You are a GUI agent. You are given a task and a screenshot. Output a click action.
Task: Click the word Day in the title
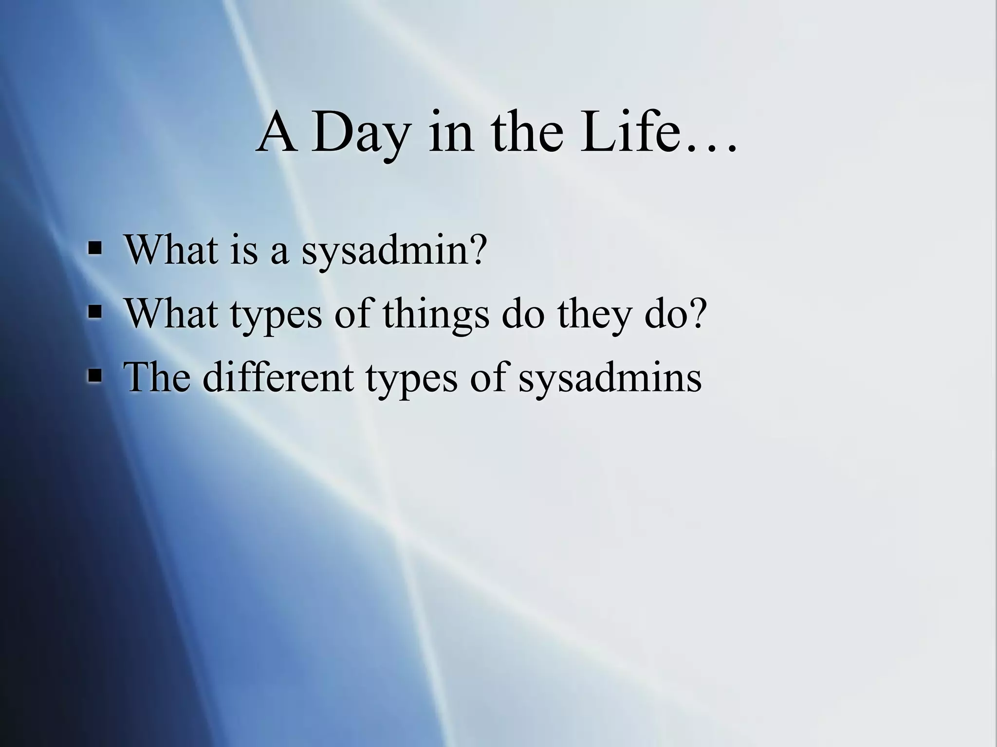(x=361, y=132)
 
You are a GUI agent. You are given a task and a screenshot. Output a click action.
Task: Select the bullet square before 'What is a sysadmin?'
(x=95, y=249)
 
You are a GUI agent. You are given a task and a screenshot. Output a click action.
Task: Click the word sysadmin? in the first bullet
(x=394, y=251)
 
